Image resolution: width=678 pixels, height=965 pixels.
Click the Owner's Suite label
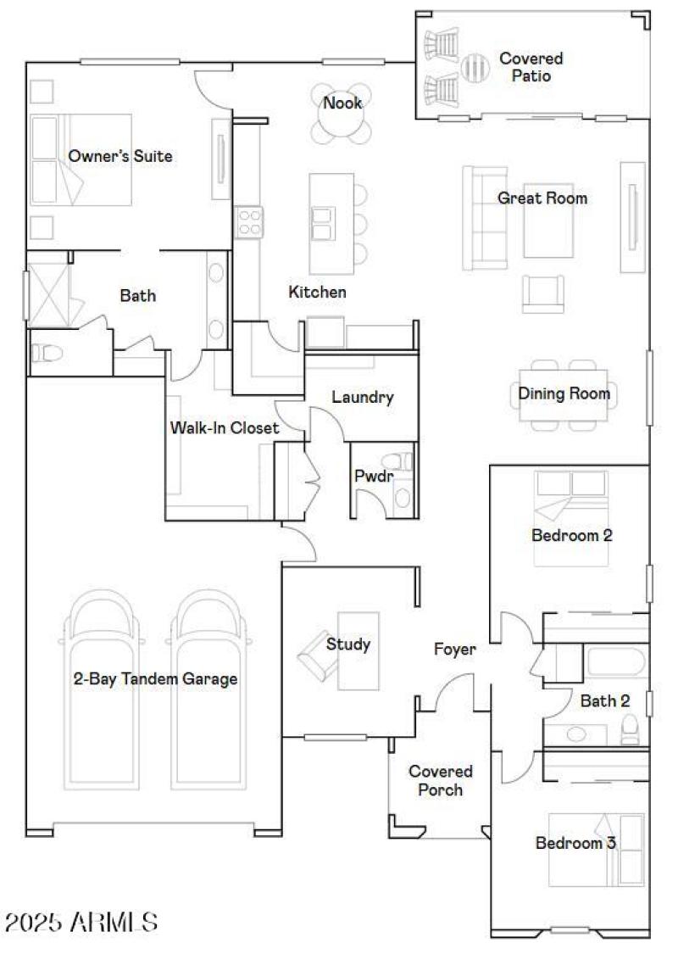point(119,156)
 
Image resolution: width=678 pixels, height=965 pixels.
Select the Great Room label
point(542,198)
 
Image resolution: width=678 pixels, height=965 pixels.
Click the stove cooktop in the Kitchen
point(249,222)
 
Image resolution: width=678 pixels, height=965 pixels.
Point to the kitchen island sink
point(322,224)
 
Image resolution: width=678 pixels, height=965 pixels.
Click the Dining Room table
point(564,394)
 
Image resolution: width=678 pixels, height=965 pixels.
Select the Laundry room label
point(362,397)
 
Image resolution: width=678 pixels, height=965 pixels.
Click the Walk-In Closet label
point(225,428)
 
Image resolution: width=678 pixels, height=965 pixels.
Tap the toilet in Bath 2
point(630,729)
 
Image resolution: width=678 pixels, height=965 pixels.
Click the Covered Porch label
point(440,780)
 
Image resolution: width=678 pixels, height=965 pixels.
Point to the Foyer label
point(455,650)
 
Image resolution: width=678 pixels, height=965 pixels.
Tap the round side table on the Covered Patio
point(475,65)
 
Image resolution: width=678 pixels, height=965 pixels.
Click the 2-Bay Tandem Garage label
point(154,679)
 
